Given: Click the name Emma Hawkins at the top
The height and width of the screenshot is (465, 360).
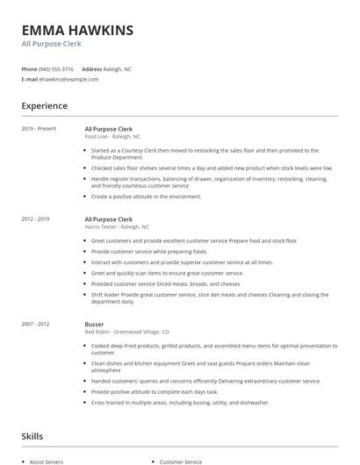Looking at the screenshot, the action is (x=78, y=30).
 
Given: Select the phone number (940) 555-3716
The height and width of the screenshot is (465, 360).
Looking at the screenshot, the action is (x=56, y=68).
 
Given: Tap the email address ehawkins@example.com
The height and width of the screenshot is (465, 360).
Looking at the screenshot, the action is (x=68, y=79).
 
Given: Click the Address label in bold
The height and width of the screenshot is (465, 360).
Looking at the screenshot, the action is (x=91, y=68).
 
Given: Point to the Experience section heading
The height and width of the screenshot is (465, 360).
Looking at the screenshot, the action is (x=44, y=106).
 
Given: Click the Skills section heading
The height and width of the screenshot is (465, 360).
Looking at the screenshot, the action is (x=32, y=436).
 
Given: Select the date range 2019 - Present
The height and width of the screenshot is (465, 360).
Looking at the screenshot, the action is (x=40, y=129).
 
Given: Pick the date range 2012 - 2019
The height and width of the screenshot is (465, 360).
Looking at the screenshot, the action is (x=36, y=218).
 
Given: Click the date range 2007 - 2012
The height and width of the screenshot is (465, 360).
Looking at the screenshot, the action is (x=36, y=324).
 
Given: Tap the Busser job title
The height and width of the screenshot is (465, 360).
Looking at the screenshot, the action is (x=94, y=324).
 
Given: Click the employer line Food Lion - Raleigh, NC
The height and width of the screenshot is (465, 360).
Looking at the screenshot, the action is (x=112, y=137).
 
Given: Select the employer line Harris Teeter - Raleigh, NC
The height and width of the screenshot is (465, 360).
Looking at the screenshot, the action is (x=117, y=226).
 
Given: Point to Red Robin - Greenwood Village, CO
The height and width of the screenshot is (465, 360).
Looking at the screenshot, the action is (x=127, y=332).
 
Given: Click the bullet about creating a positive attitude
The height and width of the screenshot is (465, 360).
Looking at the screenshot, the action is (x=146, y=197).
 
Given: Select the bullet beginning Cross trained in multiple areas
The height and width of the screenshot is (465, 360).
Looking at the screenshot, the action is (x=180, y=403).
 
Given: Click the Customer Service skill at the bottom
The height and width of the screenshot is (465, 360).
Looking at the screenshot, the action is (x=181, y=461).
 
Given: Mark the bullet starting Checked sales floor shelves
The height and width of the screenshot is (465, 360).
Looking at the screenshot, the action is (x=212, y=168).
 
